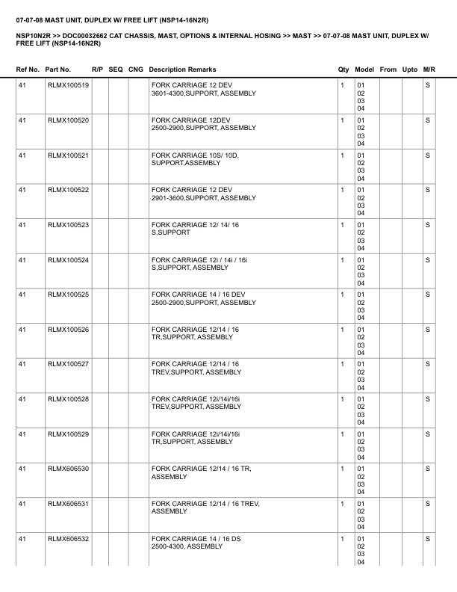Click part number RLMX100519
[x=68, y=86]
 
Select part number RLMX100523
[x=68, y=225]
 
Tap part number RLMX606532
[x=68, y=539]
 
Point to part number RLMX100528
[x=68, y=400]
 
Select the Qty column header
[x=343, y=70]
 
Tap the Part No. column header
[x=58, y=70]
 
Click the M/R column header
[x=429, y=70]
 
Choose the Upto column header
[x=409, y=70]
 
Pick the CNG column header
[x=136, y=70]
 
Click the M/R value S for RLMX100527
[x=428, y=365]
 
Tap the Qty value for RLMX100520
[x=342, y=120]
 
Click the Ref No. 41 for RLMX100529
[x=22, y=434]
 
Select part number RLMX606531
[x=68, y=505]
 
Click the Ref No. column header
[x=28, y=70]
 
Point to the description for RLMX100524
[x=198, y=264]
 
